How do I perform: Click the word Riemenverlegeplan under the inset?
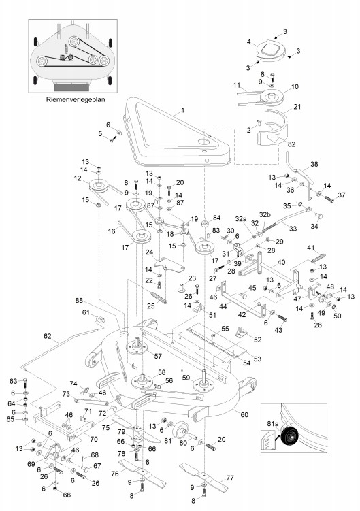76,99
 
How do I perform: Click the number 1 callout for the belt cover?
182,110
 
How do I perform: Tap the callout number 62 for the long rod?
48,336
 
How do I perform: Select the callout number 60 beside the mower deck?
244,414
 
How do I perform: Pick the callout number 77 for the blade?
230,478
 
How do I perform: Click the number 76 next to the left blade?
115,474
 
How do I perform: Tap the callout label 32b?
265,214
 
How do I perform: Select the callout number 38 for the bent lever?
314,164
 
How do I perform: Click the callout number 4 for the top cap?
249,42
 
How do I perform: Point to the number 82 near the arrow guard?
291,144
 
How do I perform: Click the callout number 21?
297,107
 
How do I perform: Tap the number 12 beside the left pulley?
78,178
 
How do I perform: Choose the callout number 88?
79,300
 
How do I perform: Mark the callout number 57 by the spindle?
158,356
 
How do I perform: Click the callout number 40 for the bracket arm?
281,262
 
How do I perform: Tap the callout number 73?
66,394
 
